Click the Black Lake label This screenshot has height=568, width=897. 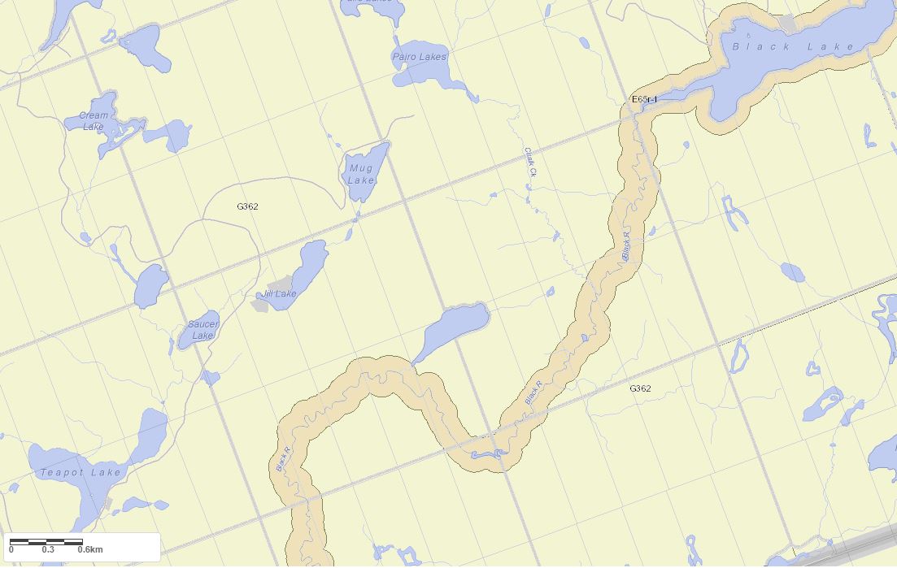[x=793, y=47]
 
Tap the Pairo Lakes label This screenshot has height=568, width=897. [x=420, y=57]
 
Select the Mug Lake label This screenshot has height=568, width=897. [x=360, y=174]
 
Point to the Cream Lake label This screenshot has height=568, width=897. [x=94, y=121]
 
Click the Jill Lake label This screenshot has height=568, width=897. [x=279, y=293]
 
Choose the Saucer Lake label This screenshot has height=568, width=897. [x=203, y=330]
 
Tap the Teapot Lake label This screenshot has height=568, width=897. [x=81, y=472]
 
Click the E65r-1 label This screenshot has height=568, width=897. [x=644, y=99]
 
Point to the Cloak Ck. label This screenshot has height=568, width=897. [x=529, y=162]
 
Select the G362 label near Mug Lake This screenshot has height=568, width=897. [x=247, y=206]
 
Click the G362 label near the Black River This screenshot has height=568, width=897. [x=640, y=388]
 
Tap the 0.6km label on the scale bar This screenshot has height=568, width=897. [x=89, y=550]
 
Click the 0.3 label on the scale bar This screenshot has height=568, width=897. [x=48, y=550]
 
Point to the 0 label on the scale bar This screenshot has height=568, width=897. [x=11, y=550]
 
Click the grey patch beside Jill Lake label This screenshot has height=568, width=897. [x=279, y=284]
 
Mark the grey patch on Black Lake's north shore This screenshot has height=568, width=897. [x=786, y=23]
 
